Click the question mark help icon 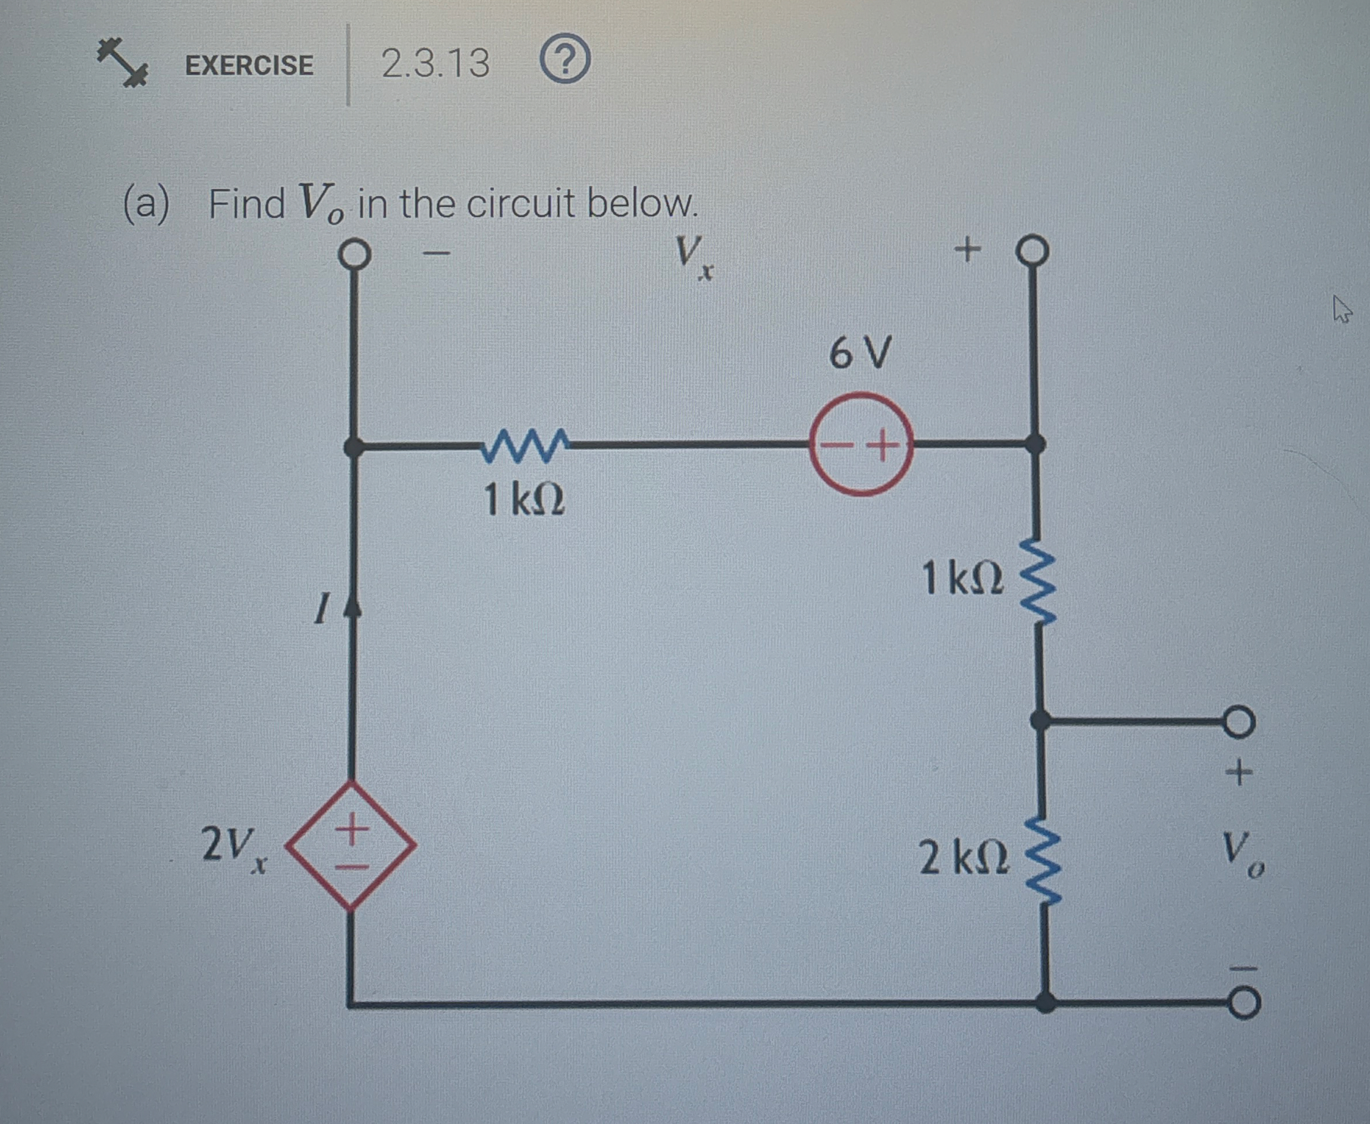click(564, 60)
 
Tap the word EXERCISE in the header click(249, 65)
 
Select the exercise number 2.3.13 click(435, 64)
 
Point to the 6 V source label click(861, 353)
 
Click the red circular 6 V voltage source click(861, 444)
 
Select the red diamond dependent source click(350, 845)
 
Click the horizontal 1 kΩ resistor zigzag click(525, 445)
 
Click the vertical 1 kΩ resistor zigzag click(1038, 582)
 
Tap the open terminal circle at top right click(1032, 250)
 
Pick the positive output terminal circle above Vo click(1239, 720)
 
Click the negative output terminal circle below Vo click(1243, 1003)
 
